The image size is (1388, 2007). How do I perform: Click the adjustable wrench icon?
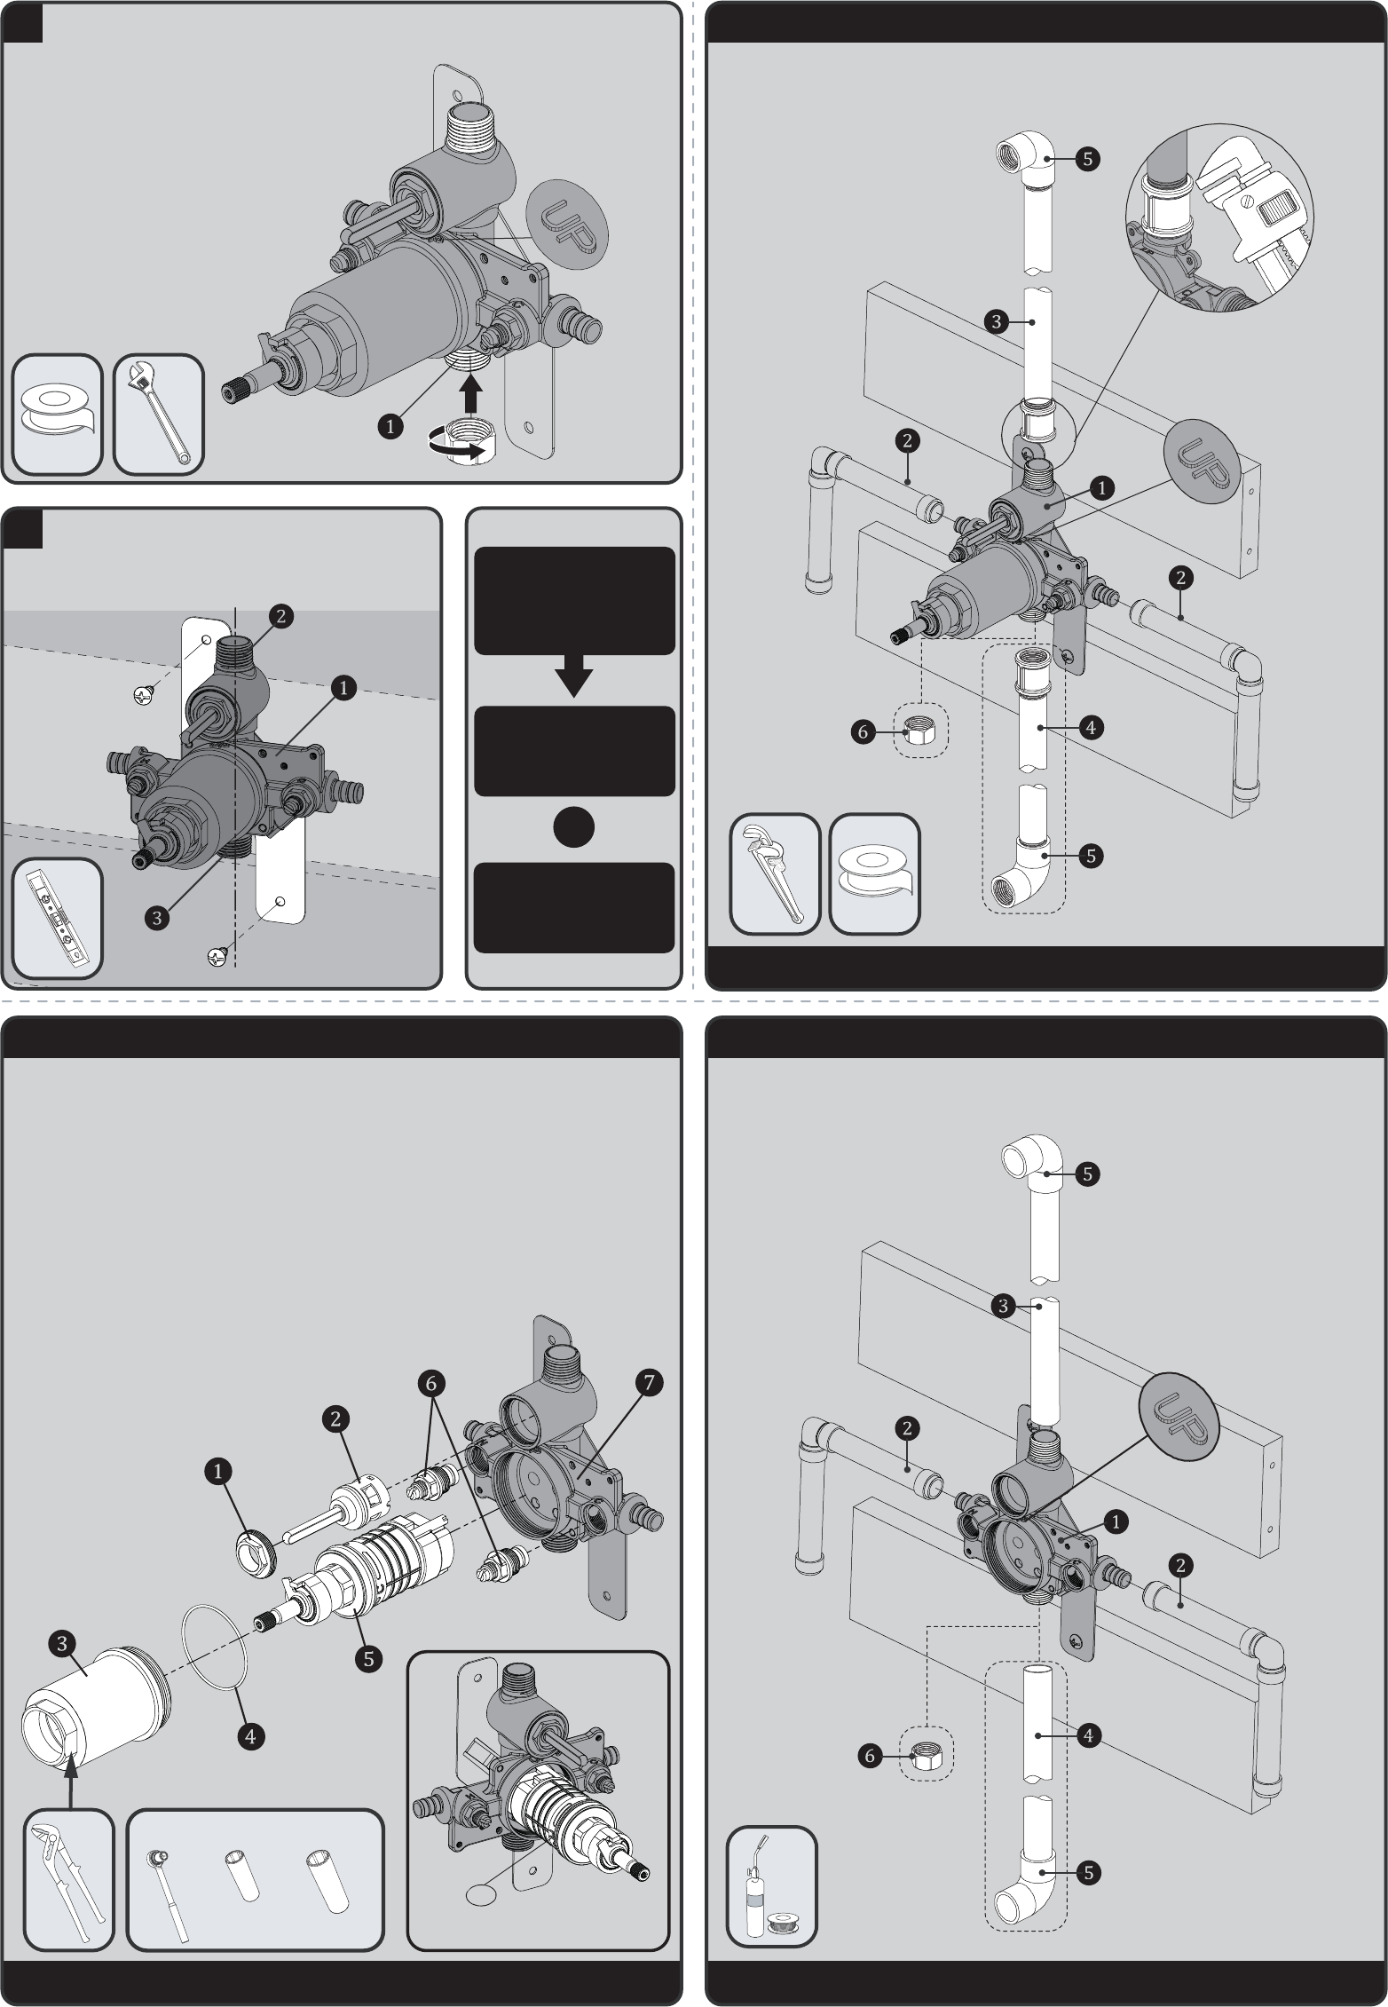click(x=159, y=414)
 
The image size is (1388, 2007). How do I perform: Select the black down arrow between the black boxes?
click(x=574, y=676)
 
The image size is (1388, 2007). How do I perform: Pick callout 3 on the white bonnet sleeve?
click(x=61, y=1644)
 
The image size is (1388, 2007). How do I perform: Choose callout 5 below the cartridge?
click(x=368, y=1656)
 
